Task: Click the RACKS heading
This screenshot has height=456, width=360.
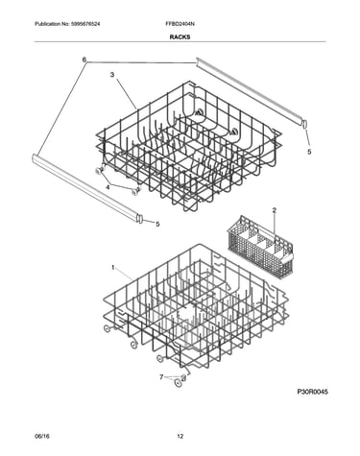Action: [180, 37]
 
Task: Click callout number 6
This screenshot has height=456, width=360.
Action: [84, 60]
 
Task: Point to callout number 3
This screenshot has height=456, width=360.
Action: [112, 75]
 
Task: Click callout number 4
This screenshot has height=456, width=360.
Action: [108, 187]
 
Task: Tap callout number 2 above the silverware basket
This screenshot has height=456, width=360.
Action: [275, 210]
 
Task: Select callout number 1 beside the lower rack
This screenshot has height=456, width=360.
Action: [112, 268]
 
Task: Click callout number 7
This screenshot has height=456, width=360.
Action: [161, 377]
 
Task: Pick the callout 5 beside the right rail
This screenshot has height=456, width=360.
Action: [309, 152]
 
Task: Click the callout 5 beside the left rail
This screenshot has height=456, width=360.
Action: [157, 224]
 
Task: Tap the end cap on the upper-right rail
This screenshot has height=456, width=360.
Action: [304, 123]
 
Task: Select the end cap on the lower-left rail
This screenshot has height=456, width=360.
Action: [140, 219]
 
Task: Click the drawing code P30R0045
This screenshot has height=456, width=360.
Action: [313, 392]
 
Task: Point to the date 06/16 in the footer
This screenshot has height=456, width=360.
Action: [39, 436]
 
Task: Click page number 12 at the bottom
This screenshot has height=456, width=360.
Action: [180, 436]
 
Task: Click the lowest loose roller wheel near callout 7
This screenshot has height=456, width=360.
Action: [178, 383]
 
